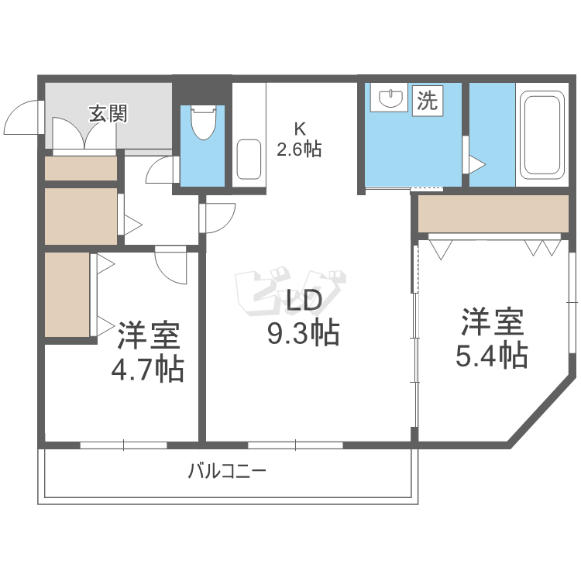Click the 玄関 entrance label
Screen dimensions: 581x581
coord(108,115)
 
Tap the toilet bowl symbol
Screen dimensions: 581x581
coord(203,125)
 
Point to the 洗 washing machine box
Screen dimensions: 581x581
coord(428,100)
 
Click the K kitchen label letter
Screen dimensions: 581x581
coord(299,129)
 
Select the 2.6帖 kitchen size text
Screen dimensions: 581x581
coord(299,149)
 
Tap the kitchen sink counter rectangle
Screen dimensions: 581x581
coord(248,160)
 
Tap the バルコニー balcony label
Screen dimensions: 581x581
coord(227,470)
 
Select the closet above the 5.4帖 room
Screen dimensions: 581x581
coord(493,214)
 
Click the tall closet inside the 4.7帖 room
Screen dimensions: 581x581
coord(67,294)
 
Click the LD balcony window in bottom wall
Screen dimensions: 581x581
coord(295,445)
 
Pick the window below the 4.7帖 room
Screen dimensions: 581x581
coord(123,445)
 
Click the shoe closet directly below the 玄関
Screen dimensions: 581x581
coord(81,169)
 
